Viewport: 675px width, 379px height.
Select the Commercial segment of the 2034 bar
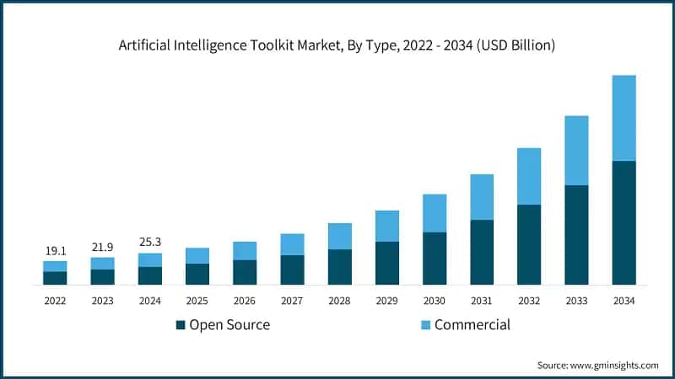[624, 118]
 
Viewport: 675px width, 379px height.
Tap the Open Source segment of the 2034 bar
[624, 222]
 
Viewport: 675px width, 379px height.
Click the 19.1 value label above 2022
[55, 250]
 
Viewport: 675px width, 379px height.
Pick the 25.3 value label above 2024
[149, 242]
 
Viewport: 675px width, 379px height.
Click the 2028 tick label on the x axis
[339, 301]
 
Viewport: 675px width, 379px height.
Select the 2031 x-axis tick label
[481, 301]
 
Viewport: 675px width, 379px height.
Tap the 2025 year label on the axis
[197, 301]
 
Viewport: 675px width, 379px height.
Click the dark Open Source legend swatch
[181, 325]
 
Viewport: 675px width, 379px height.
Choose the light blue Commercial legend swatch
[425, 325]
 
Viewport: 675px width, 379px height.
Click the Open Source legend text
[229, 325]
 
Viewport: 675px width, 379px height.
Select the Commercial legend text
[472, 325]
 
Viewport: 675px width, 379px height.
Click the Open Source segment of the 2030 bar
[434, 259]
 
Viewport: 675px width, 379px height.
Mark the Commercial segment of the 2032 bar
[529, 176]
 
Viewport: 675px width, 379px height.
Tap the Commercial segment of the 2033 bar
[576, 150]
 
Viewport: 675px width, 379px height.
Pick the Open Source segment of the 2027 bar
[292, 270]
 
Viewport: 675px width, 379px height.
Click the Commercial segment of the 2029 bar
[386, 226]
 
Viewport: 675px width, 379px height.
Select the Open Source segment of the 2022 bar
[55, 278]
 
